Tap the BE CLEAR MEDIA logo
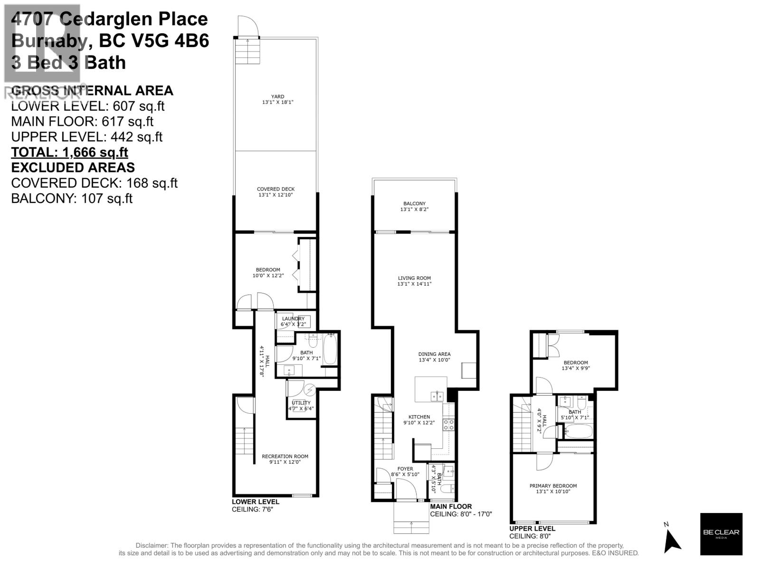(721, 534)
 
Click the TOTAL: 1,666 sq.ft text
(69, 152)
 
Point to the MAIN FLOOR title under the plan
(451, 506)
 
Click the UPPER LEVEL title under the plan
(532, 528)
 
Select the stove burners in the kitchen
(448, 424)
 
